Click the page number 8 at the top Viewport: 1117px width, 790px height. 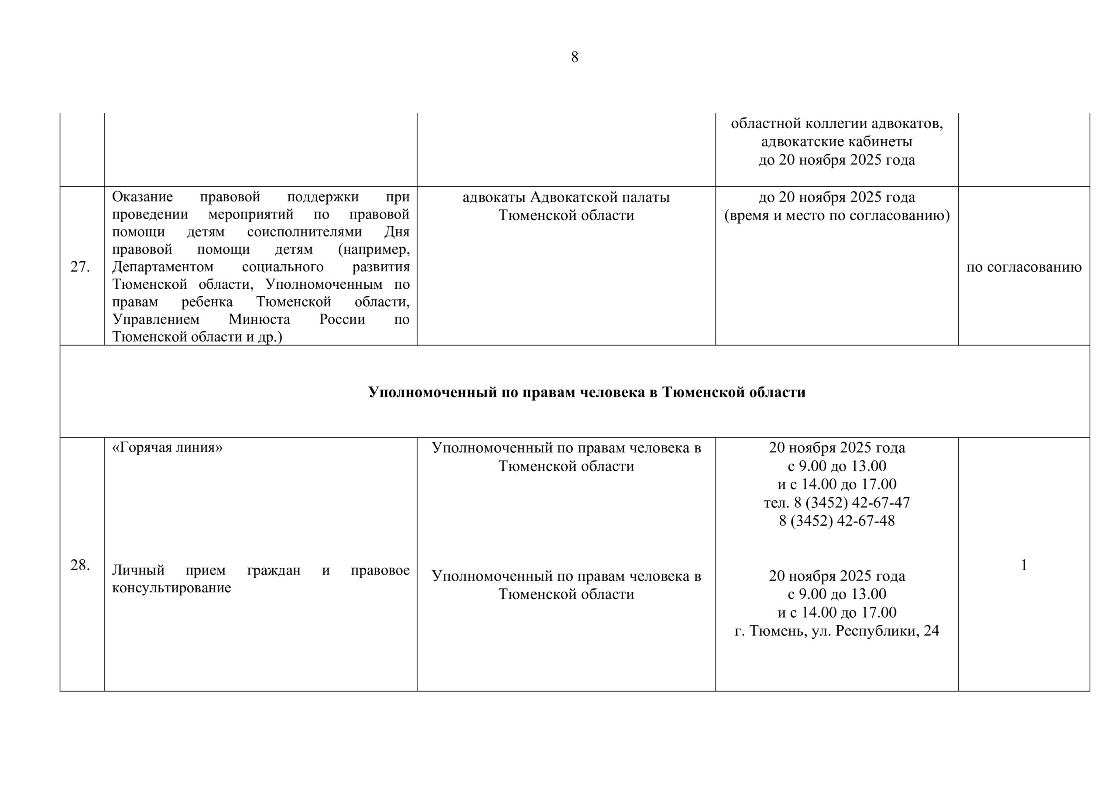[x=574, y=58]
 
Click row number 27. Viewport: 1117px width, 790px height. [x=80, y=267]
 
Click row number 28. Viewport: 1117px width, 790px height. [x=80, y=565]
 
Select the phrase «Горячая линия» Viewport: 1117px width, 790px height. [x=168, y=447]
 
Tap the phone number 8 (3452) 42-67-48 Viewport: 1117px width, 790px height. [x=836, y=520]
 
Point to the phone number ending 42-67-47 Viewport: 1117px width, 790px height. [x=836, y=502]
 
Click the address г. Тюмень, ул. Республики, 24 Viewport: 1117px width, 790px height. [x=836, y=630]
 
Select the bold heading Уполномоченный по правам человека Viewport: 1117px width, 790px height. [x=586, y=392]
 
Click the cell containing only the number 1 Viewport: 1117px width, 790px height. [x=1024, y=565]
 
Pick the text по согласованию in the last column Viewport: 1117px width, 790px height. [x=1024, y=267]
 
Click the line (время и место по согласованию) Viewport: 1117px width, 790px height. [x=836, y=215]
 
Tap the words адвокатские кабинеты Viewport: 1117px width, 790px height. [x=836, y=142]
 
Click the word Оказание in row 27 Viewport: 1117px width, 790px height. [x=143, y=197]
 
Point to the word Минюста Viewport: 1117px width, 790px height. [x=259, y=320]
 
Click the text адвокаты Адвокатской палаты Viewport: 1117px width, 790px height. [x=566, y=197]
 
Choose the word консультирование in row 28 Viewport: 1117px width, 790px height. [x=171, y=588]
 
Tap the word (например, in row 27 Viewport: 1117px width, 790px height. [x=373, y=250]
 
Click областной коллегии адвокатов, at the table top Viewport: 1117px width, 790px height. [x=836, y=123]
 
